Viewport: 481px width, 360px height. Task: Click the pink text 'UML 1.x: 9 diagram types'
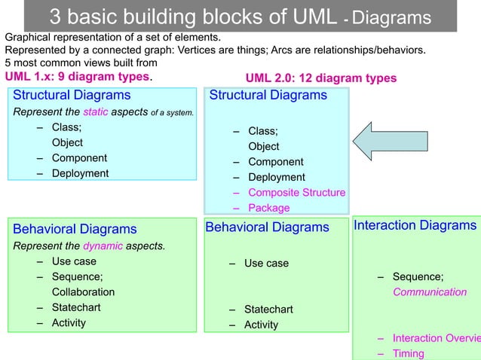78,77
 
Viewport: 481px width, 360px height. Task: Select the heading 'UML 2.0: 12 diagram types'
321,79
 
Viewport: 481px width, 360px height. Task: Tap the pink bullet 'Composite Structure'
296,193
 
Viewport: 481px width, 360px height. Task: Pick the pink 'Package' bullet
268,208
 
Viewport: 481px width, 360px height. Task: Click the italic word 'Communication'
429,292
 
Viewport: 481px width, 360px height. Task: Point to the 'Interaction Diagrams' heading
415,225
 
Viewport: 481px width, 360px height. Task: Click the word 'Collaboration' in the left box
83,291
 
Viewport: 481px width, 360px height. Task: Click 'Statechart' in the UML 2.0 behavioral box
268,310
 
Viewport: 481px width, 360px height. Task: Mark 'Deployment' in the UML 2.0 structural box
276,177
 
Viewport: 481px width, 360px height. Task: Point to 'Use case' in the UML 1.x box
74,261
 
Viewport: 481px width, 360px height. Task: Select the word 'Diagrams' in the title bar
392,18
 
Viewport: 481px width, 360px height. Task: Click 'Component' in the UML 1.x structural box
79,158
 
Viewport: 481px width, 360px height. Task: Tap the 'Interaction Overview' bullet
436,338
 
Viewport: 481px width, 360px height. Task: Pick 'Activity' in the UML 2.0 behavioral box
261,325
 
